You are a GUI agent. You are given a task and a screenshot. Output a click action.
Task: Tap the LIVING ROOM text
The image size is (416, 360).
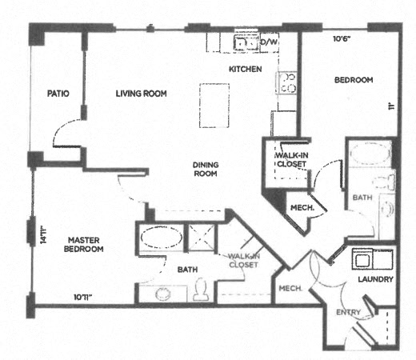pyautogui.click(x=141, y=94)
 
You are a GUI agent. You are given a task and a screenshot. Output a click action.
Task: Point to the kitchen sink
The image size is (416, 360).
pyautogui.click(x=242, y=42)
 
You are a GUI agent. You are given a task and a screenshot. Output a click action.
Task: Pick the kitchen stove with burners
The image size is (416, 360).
pyautogui.click(x=286, y=82)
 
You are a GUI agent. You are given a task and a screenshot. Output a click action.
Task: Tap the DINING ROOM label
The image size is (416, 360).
pyautogui.click(x=206, y=169)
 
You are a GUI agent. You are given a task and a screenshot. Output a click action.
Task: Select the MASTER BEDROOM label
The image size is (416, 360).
pyautogui.click(x=85, y=244)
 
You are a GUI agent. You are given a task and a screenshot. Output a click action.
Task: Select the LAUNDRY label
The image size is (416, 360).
pyautogui.click(x=375, y=280)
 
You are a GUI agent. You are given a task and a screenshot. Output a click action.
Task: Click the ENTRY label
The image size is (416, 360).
pyautogui.click(x=350, y=312)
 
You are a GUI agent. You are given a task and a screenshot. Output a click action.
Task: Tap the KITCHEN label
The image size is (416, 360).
pyautogui.click(x=246, y=70)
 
